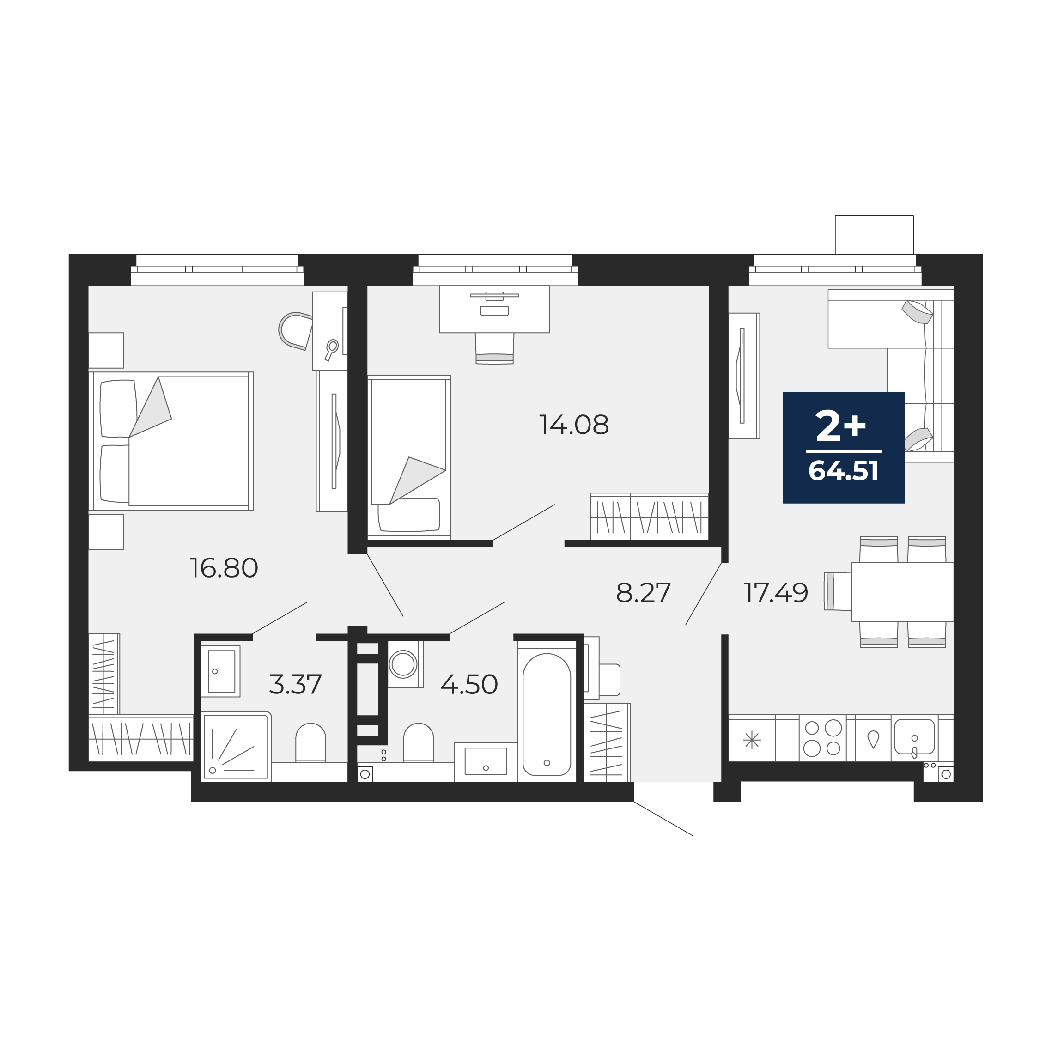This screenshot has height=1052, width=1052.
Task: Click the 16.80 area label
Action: [224, 568]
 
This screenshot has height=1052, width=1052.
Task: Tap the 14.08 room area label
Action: [574, 425]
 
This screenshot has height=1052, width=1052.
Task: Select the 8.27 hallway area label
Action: [643, 593]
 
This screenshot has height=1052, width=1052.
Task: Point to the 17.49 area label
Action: [776, 593]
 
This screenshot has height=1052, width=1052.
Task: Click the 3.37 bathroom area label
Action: [296, 684]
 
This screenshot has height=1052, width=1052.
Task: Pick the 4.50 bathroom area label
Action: [469, 684]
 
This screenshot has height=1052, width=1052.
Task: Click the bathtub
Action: [547, 714]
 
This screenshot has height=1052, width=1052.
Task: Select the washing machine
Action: [403, 664]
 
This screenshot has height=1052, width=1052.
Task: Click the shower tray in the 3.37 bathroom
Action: [236, 747]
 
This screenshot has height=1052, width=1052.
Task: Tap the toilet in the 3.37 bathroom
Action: [310, 743]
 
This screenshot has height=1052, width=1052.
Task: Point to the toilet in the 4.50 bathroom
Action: [418, 743]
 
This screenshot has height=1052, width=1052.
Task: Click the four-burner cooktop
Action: [823, 738]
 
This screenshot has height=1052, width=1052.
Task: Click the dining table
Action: [902, 592]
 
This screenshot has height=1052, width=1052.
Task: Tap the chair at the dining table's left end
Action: [838, 591]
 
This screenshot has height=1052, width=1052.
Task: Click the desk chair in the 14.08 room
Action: [494, 348]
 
